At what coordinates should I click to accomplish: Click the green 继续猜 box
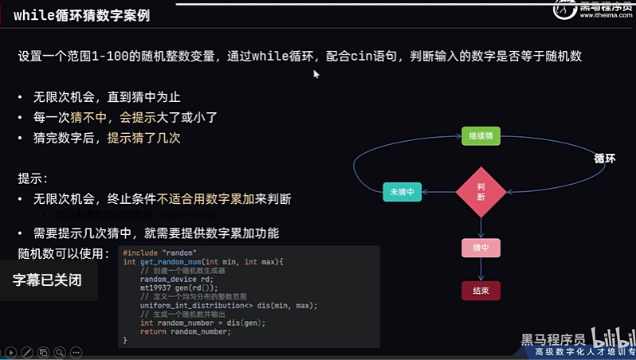tap(481, 135)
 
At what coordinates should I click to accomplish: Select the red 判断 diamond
tap(481, 191)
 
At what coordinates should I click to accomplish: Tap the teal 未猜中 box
tap(402, 192)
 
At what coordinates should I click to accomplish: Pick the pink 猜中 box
tap(481, 248)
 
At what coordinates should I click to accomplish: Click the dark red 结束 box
tap(481, 290)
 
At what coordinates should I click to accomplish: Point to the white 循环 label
tap(604, 158)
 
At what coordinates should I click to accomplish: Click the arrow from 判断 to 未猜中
tap(438, 192)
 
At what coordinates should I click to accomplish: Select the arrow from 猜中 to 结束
tap(481, 269)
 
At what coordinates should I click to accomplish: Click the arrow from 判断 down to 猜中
tap(481, 228)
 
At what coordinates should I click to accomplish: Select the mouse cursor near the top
tap(316, 73)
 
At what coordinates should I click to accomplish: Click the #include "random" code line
tap(160, 252)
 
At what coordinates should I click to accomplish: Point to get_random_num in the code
tap(168, 261)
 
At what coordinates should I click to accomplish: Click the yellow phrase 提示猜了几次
tap(145, 138)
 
